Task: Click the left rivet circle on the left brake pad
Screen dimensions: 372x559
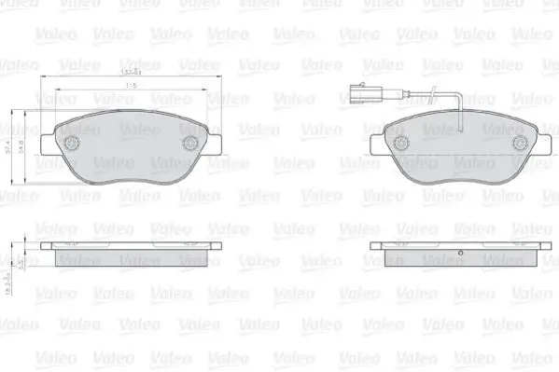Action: point(71,144)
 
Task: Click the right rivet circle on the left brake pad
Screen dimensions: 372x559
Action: point(190,144)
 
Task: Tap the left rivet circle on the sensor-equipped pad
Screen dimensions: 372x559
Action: point(401,144)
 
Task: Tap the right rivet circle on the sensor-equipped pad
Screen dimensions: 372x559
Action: point(520,144)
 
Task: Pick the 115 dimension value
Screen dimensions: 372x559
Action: point(131,86)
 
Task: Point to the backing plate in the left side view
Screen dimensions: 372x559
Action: point(131,245)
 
